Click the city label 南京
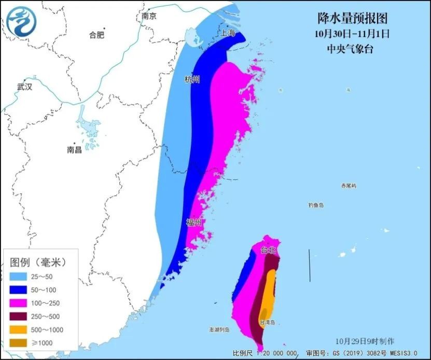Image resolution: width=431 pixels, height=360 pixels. [x=149, y=17]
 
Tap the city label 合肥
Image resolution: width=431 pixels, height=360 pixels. [x=96, y=35]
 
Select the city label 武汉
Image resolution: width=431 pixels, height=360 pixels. [x=24, y=87]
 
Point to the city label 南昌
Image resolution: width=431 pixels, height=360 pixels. [x=75, y=150]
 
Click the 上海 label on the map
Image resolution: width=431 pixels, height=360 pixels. [x=228, y=33]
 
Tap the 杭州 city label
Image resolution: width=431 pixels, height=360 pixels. [x=192, y=79]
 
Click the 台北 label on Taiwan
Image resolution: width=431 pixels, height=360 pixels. [x=268, y=250]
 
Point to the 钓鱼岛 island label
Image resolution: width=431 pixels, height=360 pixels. [x=316, y=205]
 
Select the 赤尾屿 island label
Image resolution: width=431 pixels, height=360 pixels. [x=349, y=186]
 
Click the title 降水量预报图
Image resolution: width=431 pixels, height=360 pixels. [x=352, y=19]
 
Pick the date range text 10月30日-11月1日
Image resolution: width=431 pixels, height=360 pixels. [x=352, y=34]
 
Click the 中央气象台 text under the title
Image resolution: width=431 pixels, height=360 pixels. [x=350, y=49]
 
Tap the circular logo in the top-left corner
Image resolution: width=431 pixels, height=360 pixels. [x=22, y=22]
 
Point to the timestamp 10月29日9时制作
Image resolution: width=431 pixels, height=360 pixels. [x=365, y=341]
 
